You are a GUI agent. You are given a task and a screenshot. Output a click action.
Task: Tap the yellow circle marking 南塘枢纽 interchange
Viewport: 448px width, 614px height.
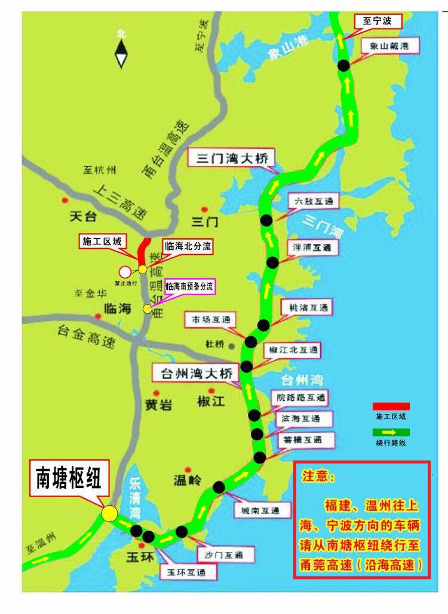point(109,514)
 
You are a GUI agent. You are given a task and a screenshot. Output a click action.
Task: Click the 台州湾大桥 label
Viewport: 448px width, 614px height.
point(195,374)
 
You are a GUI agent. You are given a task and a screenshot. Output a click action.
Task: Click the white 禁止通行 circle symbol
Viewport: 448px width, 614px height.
point(125,272)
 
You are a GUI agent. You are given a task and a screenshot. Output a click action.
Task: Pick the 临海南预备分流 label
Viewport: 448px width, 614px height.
point(189,286)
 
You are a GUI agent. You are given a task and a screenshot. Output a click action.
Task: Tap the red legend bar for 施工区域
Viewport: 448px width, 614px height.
point(391,407)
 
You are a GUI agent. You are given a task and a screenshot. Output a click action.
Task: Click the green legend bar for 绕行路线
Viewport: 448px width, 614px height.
point(391,432)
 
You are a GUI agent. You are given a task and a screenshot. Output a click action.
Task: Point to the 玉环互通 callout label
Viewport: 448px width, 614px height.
point(187,573)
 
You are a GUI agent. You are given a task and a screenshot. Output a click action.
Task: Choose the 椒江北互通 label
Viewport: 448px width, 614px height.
point(294,349)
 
